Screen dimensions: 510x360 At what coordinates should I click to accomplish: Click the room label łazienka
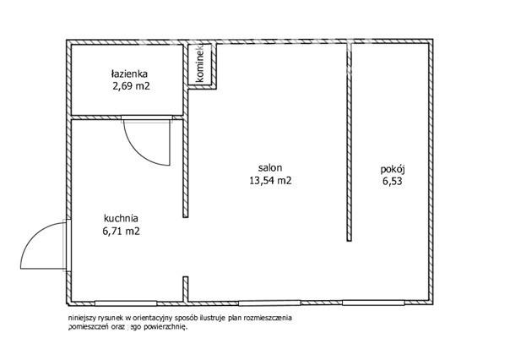(129, 74)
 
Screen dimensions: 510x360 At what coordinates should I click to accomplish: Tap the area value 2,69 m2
(130, 86)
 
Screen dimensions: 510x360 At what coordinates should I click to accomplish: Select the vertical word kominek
(200, 63)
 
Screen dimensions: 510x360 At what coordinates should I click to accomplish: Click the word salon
(270, 168)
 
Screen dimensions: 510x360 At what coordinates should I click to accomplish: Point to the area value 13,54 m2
(270, 180)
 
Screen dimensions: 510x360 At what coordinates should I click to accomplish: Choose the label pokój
(393, 170)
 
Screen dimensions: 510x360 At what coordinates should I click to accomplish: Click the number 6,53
(393, 181)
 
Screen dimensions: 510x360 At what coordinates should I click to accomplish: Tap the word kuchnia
(121, 218)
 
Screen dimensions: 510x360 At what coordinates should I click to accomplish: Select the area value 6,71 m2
(121, 231)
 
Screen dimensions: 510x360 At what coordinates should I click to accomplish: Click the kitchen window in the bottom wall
(126, 303)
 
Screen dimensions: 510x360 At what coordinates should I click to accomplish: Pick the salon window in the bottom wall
(269, 303)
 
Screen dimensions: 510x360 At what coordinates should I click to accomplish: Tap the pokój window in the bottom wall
(373, 303)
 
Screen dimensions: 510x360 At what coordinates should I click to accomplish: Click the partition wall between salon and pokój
(349, 142)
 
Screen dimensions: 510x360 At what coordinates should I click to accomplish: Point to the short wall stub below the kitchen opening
(186, 289)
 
